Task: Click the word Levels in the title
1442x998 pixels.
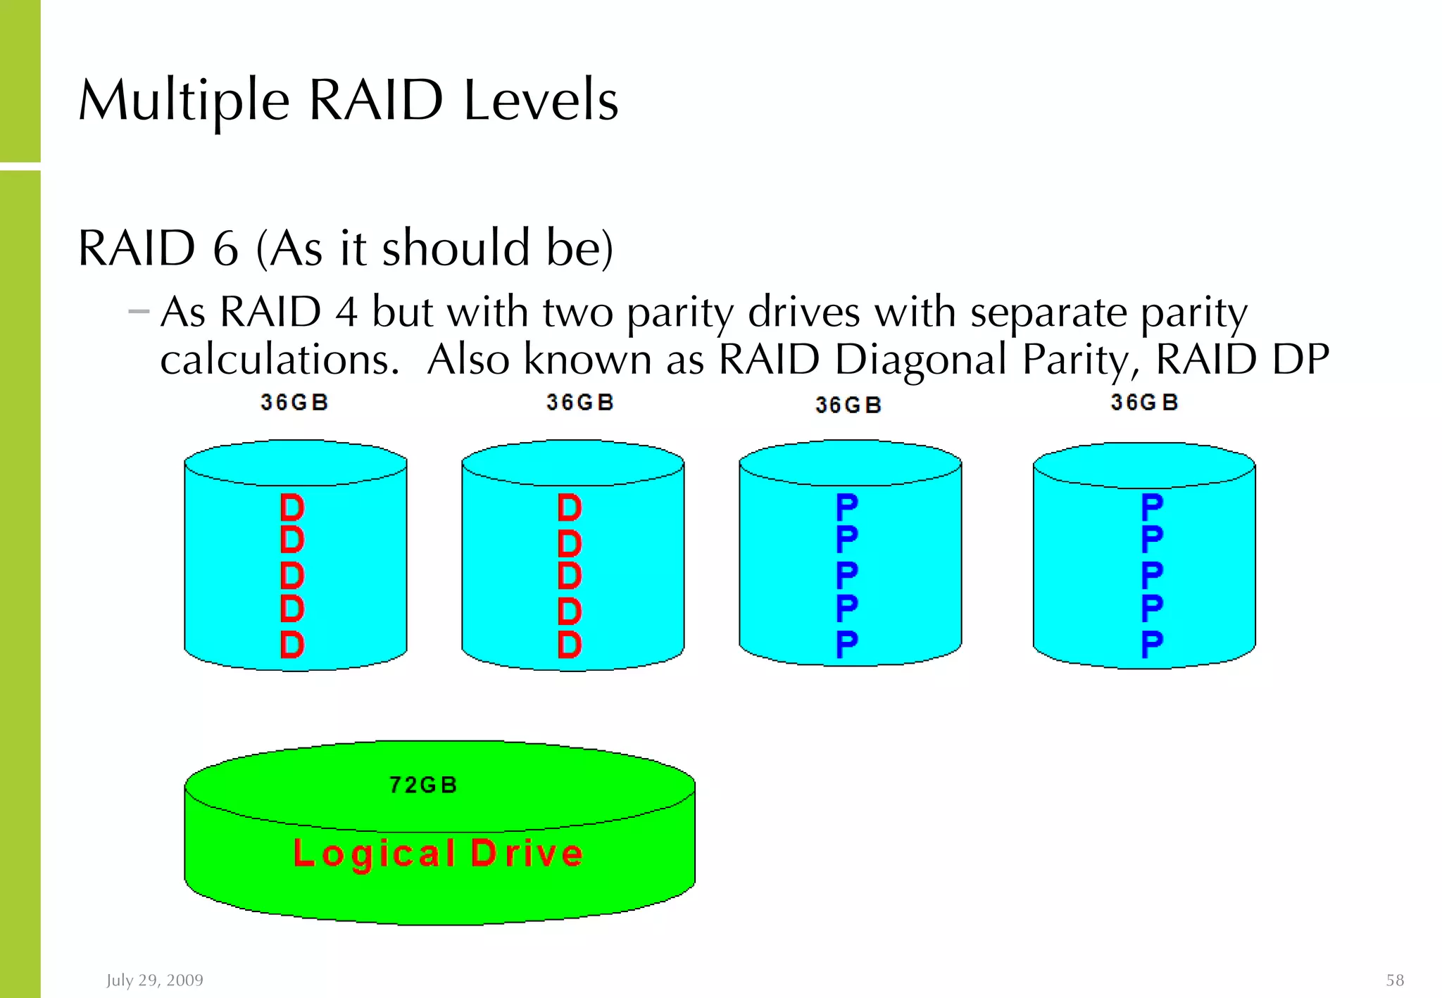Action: pos(541,101)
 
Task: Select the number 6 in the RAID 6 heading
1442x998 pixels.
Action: pos(225,248)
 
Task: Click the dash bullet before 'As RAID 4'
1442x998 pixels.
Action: pos(139,311)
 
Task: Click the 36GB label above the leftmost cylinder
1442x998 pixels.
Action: pos(294,403)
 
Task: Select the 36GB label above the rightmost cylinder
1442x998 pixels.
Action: pos(1144,403)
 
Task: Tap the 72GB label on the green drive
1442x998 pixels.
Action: pos(423,785)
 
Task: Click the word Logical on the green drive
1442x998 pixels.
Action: pos(375,854)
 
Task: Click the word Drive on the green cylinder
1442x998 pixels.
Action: pos(527,854)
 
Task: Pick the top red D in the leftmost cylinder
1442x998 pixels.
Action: pos(292,507)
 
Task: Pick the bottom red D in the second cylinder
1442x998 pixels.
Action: pos(570,644)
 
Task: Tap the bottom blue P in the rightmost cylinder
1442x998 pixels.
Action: pos(1152,644)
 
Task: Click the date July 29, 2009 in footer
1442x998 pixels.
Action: pos(155,980)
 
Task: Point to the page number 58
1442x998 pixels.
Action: pos(1395,980)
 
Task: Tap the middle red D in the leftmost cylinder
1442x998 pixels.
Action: pos(292,576)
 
